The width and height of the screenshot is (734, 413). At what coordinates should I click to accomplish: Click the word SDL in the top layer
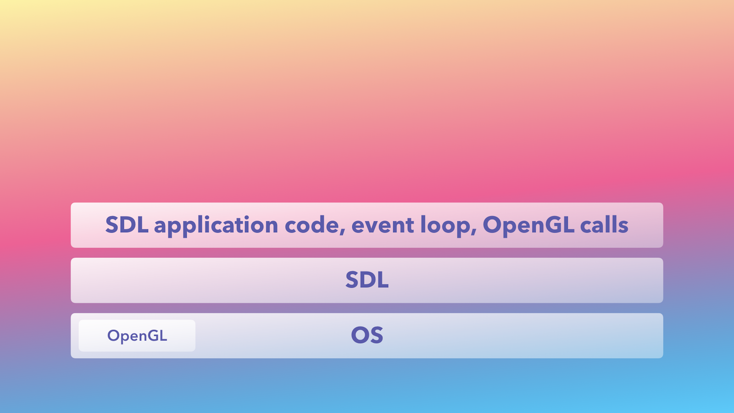(x=127, y=225)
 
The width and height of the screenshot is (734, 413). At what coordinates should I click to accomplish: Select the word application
(x=216, y=226)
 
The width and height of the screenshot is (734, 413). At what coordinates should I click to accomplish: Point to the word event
(x=383, y=225)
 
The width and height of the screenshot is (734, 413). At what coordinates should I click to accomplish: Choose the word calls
(x=604, y=225)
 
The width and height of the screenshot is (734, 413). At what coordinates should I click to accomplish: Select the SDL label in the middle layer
(x=367, y=280)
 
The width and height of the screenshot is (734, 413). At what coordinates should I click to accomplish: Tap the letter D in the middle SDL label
(x=367, y=280)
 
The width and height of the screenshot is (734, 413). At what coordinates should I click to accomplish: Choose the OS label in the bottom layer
(x=367, y=335)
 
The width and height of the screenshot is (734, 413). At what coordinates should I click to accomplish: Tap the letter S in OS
(x=377, y=335)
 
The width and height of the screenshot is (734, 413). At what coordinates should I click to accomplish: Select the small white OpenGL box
(x=137, y=335)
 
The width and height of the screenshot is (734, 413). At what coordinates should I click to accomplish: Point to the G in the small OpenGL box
(x=154, y=335)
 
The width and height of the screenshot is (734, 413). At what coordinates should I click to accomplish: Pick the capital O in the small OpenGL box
(x=113, y=335)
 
